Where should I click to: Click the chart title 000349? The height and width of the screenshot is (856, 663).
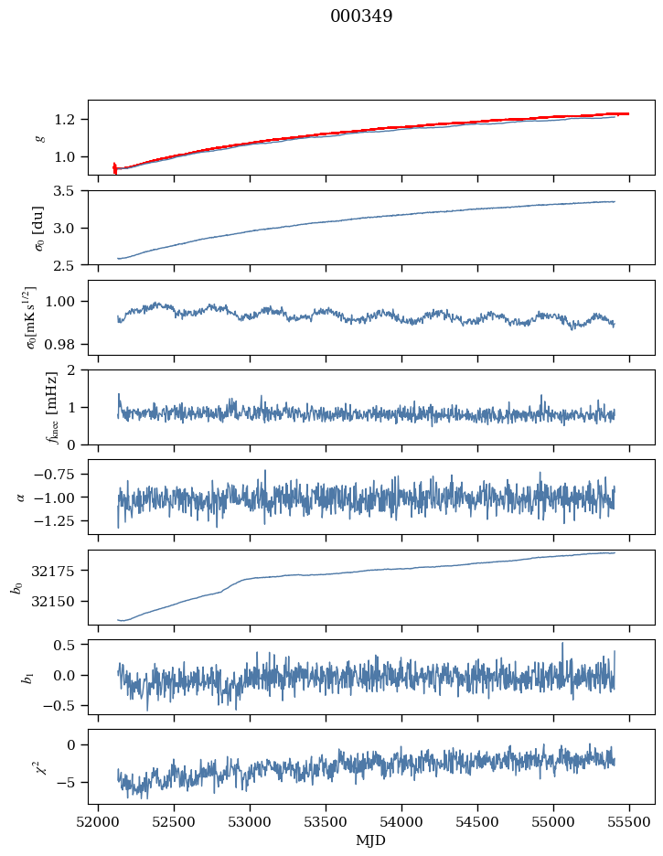point(361,16)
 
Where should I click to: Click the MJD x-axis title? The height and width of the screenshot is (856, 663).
point(371,840)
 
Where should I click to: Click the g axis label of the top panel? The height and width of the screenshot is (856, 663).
point(39,137)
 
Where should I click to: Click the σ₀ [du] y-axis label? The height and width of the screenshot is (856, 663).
point(39,228)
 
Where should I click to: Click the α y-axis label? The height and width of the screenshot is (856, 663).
point(23,497)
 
